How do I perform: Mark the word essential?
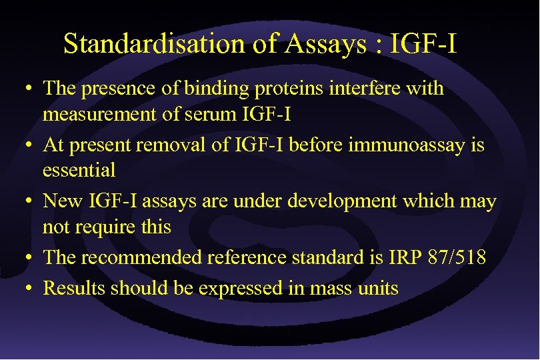79,170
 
